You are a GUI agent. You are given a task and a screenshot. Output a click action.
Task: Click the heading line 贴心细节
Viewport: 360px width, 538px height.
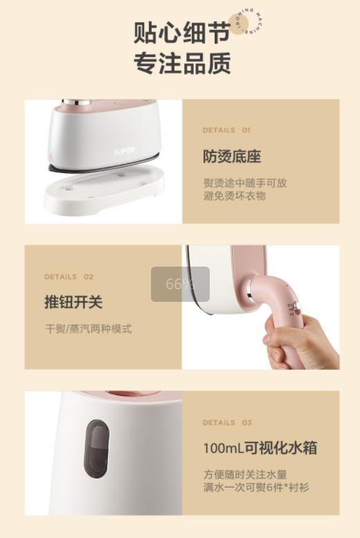181,33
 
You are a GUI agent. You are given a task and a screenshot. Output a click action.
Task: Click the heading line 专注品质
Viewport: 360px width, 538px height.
181,64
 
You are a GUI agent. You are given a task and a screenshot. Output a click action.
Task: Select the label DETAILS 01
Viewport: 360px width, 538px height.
226,130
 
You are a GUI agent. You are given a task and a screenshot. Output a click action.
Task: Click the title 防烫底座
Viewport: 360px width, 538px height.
231,156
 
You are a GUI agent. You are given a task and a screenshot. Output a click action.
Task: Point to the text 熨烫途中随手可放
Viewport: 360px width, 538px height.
244,183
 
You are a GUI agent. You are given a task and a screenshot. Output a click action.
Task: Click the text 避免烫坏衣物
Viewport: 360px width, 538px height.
234,196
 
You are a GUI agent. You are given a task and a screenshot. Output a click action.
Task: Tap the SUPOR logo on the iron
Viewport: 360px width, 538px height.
125,151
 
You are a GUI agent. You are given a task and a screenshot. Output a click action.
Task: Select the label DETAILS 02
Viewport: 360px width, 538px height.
69,277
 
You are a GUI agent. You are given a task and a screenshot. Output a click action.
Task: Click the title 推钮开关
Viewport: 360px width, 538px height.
73,303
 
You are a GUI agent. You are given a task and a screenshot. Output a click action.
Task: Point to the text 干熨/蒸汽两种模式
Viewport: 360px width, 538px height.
87,329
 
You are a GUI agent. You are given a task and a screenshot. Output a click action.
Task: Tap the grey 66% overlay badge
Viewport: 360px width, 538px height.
180,284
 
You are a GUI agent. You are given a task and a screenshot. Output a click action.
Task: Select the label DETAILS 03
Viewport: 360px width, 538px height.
227,423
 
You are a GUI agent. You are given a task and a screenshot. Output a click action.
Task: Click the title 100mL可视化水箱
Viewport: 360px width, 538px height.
260,448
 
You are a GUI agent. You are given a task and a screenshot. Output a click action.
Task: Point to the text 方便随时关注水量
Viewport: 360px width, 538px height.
244,475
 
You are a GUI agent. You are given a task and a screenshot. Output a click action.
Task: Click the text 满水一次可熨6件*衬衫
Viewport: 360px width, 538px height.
256,487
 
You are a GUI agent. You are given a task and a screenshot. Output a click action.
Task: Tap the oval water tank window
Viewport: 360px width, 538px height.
97,449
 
